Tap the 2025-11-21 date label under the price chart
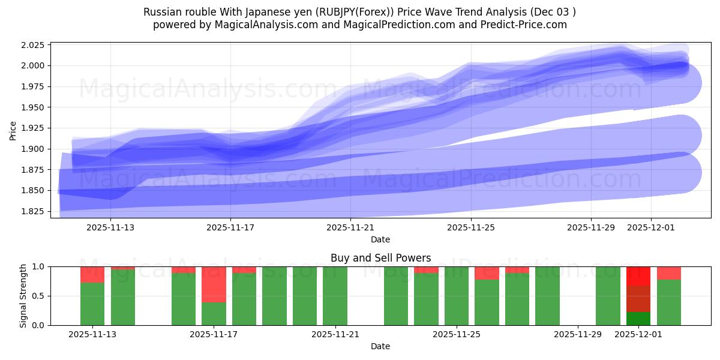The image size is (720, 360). tap(350, 228)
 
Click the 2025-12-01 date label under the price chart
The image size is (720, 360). tap(652, 228)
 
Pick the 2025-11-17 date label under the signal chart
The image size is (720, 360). tap(214, 335)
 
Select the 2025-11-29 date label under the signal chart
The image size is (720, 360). tap(577, 335)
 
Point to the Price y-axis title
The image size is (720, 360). tap(14, 130)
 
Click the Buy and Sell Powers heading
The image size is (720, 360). tap(380, 258)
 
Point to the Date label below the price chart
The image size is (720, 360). tap(380, 239)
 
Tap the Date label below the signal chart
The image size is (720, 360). tap(380, 346)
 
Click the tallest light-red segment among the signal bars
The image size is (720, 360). tap(214, 284)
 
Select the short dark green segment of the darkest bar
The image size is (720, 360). tap(638, 319)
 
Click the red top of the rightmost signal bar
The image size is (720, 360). tap(668, 273)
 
